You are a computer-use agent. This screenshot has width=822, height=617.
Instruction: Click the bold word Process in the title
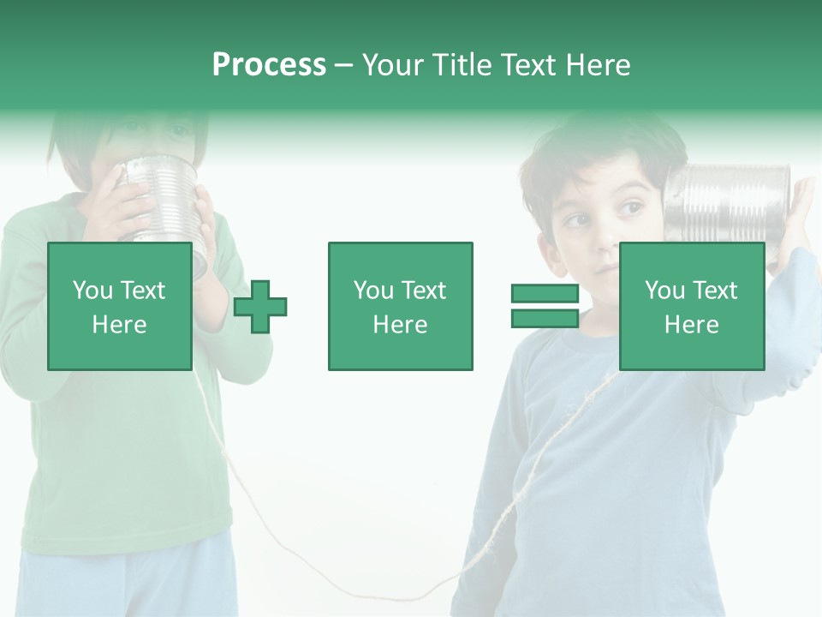coord(269,65)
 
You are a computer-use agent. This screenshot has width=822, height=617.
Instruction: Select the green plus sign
coord(260,306)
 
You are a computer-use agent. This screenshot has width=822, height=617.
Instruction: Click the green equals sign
coord(545,306)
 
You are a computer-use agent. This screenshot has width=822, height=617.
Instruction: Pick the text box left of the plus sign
coord(120,306)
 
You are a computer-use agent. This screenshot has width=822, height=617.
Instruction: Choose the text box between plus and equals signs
coord(400,306)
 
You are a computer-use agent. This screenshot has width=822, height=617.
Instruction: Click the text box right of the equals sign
coord(691,306)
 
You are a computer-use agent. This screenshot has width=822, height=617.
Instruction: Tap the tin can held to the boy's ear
coord(728,203)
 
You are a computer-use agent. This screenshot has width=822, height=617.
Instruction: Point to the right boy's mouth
coord(606,267)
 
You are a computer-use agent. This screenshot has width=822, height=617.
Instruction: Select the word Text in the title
coord(527,65)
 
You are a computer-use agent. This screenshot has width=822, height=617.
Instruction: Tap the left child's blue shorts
coord(128,583)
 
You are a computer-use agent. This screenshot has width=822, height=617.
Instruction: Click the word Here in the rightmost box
coord(691,325)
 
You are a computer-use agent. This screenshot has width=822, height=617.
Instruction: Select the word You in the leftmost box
coord(92,291)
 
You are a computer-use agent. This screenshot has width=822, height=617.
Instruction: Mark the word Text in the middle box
coord(425,291)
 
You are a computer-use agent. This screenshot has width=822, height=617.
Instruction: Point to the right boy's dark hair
coord(599,146)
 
